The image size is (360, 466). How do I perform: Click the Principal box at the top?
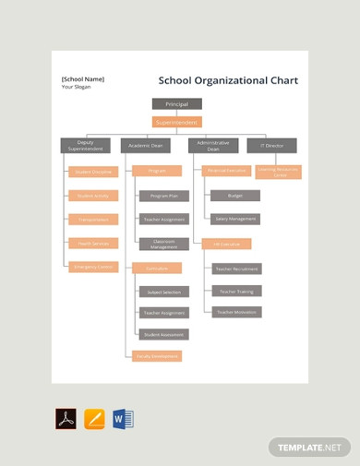pos(176,105)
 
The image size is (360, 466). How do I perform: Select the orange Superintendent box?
pos(176,122)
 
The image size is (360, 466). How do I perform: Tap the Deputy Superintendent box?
pos(85,145)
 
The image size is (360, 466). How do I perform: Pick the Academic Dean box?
pos(145,145)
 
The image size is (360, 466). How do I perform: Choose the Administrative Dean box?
pos(213,145)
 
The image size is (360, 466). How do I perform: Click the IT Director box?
pos(272,145)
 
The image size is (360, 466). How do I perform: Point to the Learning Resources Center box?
pos(279,172)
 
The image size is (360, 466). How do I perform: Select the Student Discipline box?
pos(92,172)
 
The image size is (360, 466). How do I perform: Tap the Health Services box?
pos(92,244)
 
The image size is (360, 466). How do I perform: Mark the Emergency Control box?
pos(92,268)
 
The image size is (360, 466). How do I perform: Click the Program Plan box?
pos(162,196)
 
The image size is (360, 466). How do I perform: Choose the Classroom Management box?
pos(162,245)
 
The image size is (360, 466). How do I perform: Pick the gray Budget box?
pos(234,196)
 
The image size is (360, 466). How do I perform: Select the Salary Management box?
pos(234,220)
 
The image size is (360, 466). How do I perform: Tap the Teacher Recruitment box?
pos(236,269)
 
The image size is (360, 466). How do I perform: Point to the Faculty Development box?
pos(157,356)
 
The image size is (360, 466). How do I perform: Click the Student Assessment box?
pos(162,334)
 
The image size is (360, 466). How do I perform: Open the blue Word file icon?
pos(123,419)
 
